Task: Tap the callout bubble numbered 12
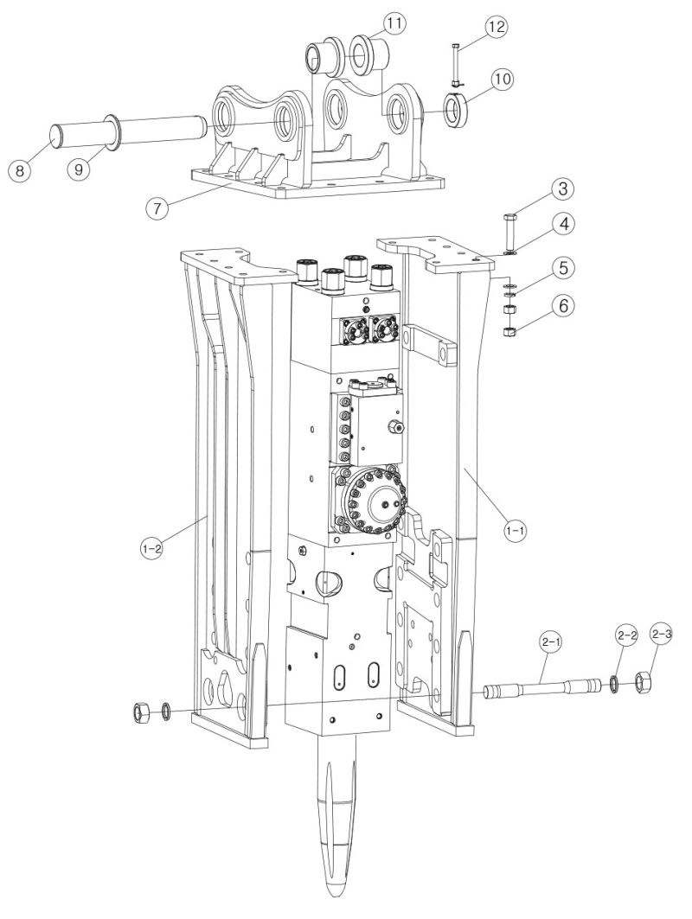[x=496, y=28]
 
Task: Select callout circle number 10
[x=503, y=80]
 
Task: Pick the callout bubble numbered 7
[x=157, y=207]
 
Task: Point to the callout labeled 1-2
[x=151, y=548]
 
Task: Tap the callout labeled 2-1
[x=551, y=642]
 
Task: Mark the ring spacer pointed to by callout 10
[x=456, y=111]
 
